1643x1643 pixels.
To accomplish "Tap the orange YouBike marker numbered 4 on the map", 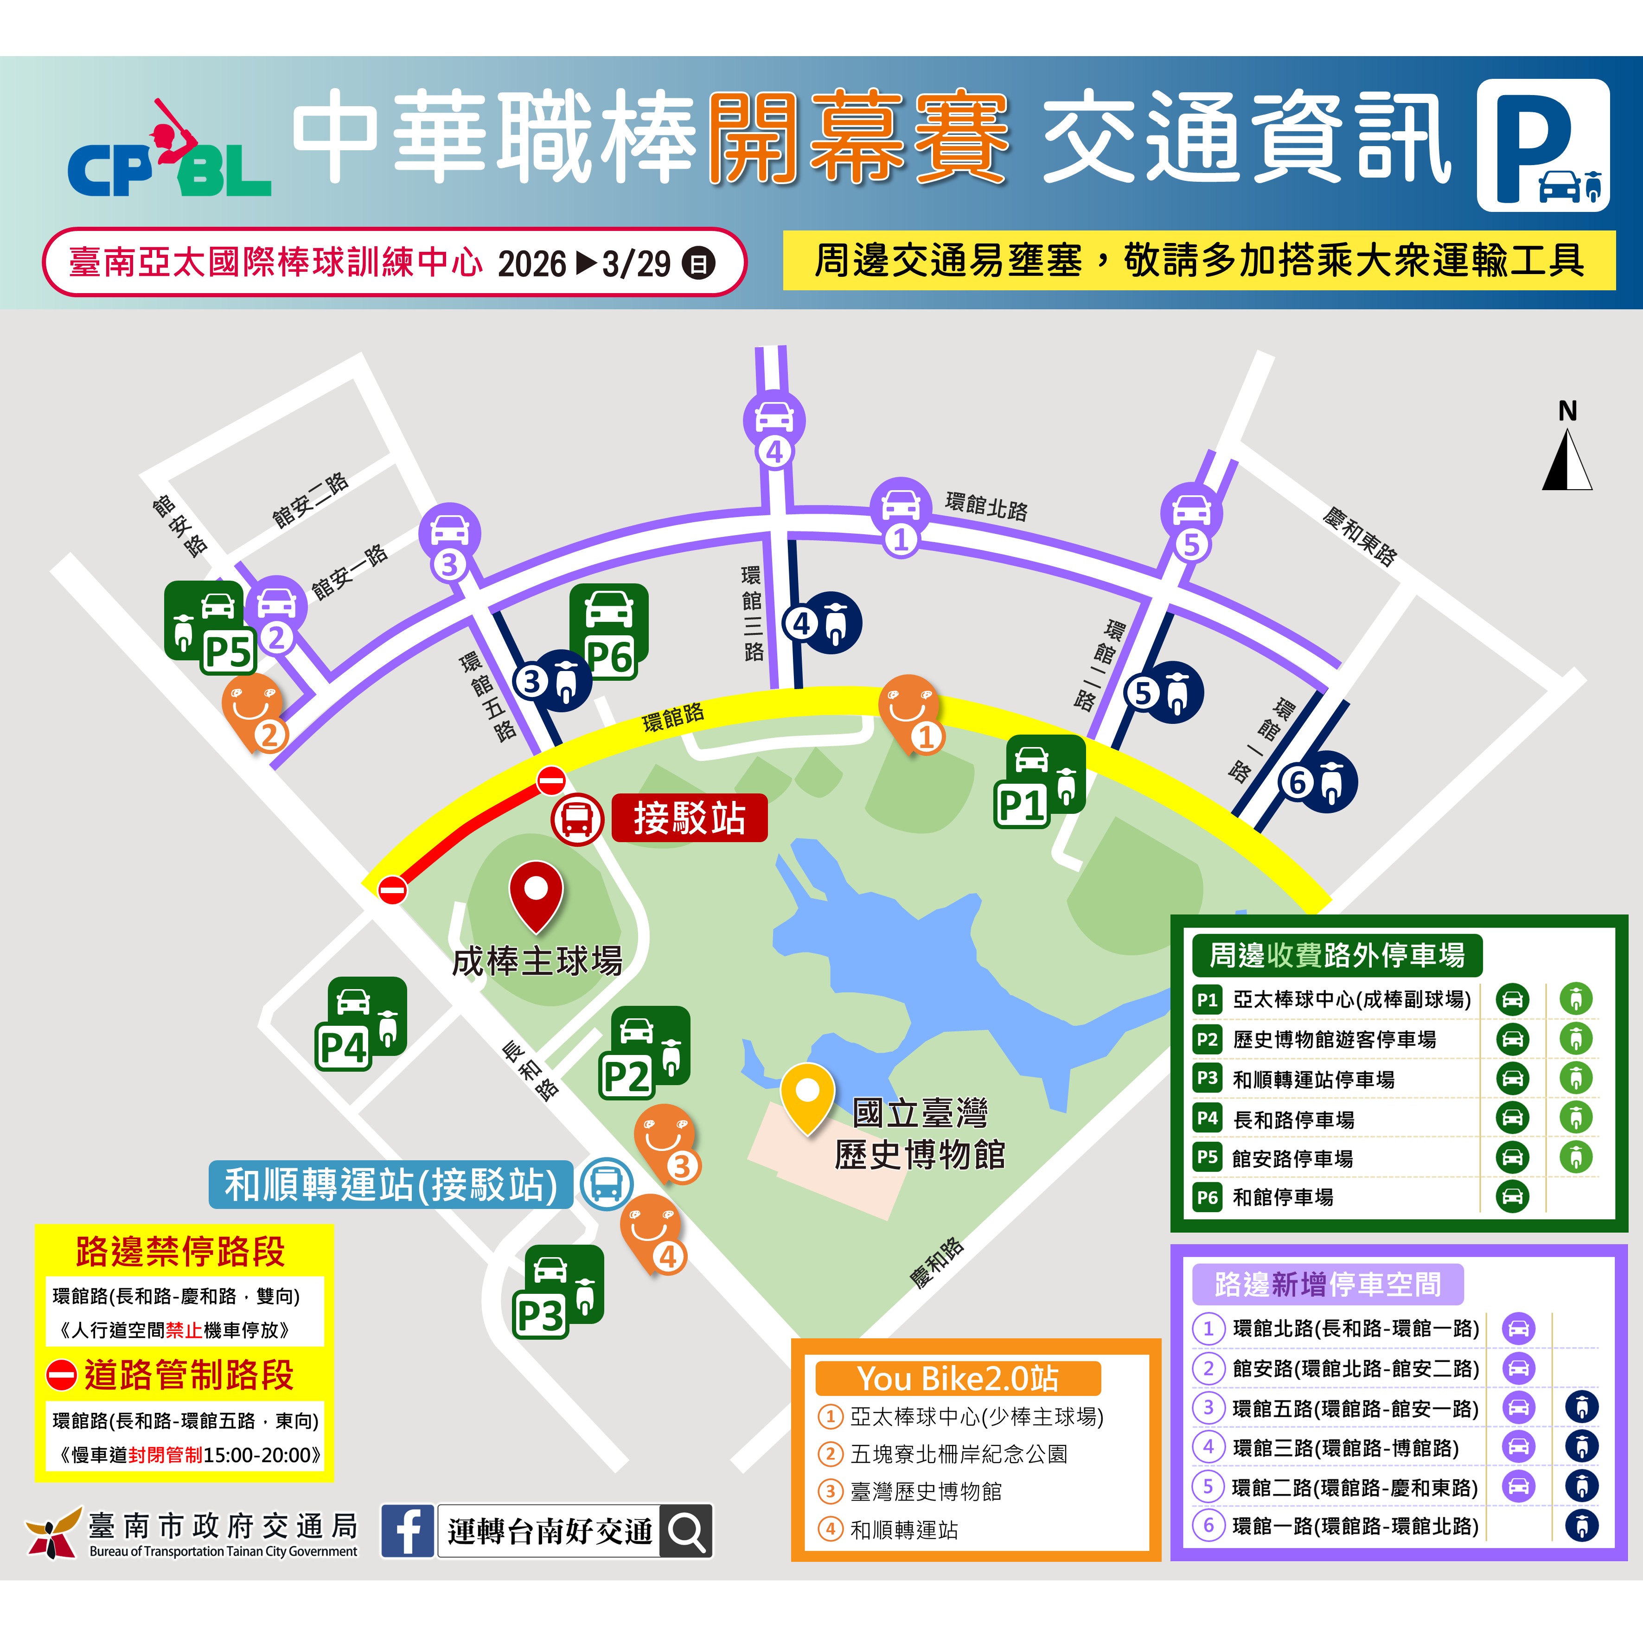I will (x=652, y=1233).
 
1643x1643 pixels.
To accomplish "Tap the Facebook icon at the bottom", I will (x=407, y=1531).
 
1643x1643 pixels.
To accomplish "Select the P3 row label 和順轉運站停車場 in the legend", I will (x=1314, y=1079).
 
